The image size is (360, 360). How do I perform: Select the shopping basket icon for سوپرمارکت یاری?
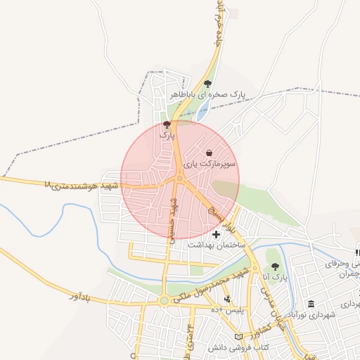[x=210, y=153]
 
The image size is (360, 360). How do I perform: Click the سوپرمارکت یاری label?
[x=210, y=163]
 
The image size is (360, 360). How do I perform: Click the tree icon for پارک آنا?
[x=275, y=267]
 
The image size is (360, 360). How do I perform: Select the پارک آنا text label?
[x=276, y=278]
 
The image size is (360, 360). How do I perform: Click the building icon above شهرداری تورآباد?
[x=311, y=303]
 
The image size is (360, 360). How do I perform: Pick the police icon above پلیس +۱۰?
[x=226, y=300]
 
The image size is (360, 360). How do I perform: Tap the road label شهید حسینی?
[x=171, y=219]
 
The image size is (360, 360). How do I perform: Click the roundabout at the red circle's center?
[x=180, y=179]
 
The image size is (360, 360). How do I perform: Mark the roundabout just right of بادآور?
[x=164, y=300]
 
